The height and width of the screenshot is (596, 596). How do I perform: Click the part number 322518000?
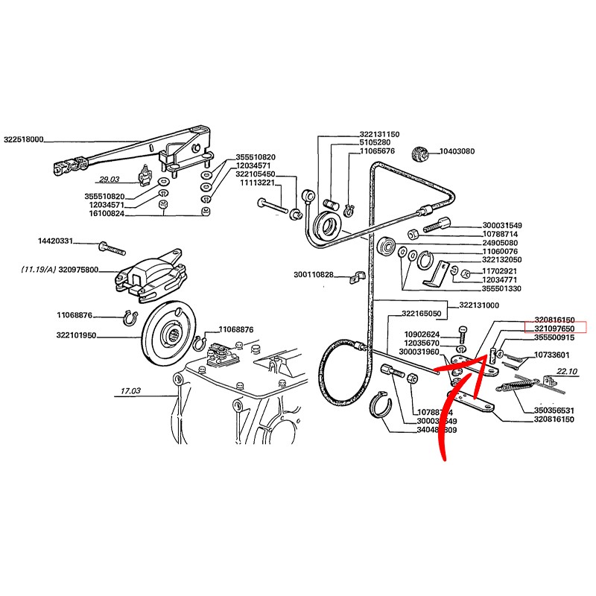tap(24, 139)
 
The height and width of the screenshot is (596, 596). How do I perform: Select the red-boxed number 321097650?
tap(556, 327)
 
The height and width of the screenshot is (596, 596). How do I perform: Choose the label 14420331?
tap(56, 241)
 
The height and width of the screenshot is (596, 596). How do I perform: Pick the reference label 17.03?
tap(130, 390)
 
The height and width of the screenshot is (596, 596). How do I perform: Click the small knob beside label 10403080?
tap(420, 155)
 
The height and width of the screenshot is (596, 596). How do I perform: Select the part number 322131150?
tap(379, 134)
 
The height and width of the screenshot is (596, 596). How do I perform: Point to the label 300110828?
tap(314, 274)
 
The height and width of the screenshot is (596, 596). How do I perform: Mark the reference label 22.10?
tap(567, 370)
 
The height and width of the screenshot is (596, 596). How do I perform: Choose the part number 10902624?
tap(422, 334)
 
